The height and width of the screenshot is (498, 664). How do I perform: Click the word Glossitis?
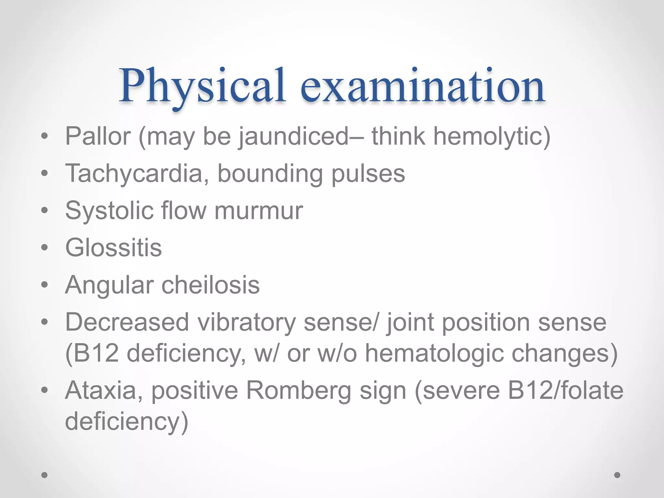(x=113, y=248)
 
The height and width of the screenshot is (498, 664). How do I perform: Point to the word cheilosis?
(x=211, y=285)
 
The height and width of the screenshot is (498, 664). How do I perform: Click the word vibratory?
(x=246, y=323)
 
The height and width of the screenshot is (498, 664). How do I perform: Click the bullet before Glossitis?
(x=44, y=248)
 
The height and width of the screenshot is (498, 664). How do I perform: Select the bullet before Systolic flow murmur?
(x=44, y=211)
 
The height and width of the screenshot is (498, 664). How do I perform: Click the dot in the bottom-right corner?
(x=617, y=475)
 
